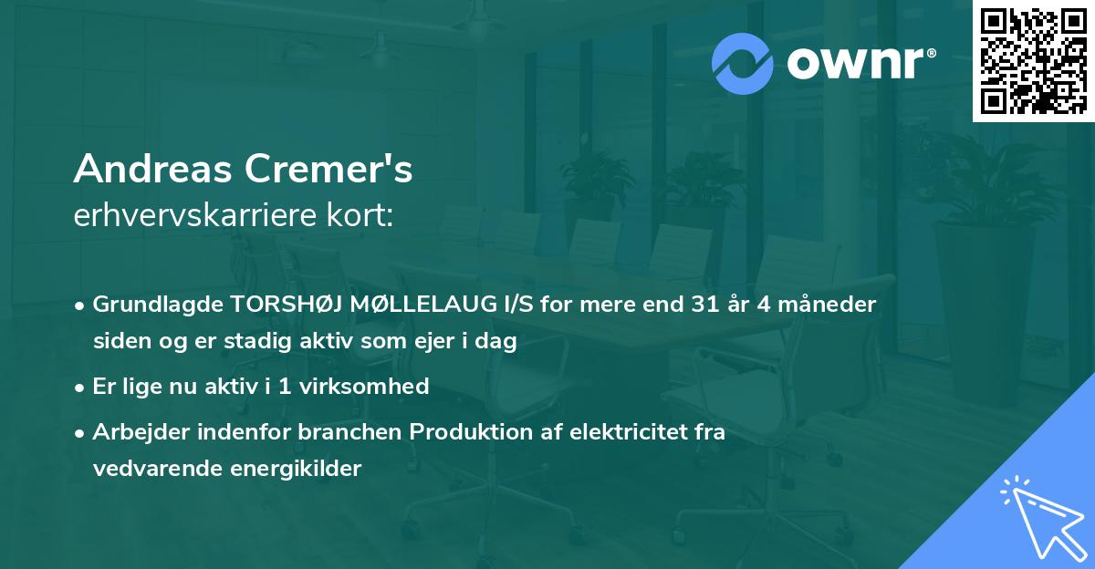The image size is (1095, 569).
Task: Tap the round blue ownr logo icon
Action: tap(743, 63)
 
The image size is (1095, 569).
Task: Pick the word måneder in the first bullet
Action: tap(834, 305)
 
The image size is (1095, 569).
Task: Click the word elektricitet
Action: tap(612, 432)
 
